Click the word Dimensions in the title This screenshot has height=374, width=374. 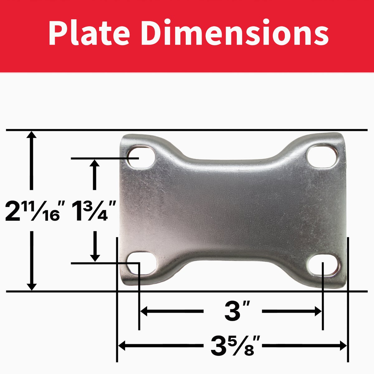click(235, 32)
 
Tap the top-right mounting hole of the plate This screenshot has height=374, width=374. click(322, 156)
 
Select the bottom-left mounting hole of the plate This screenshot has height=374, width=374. click(142, 263)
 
